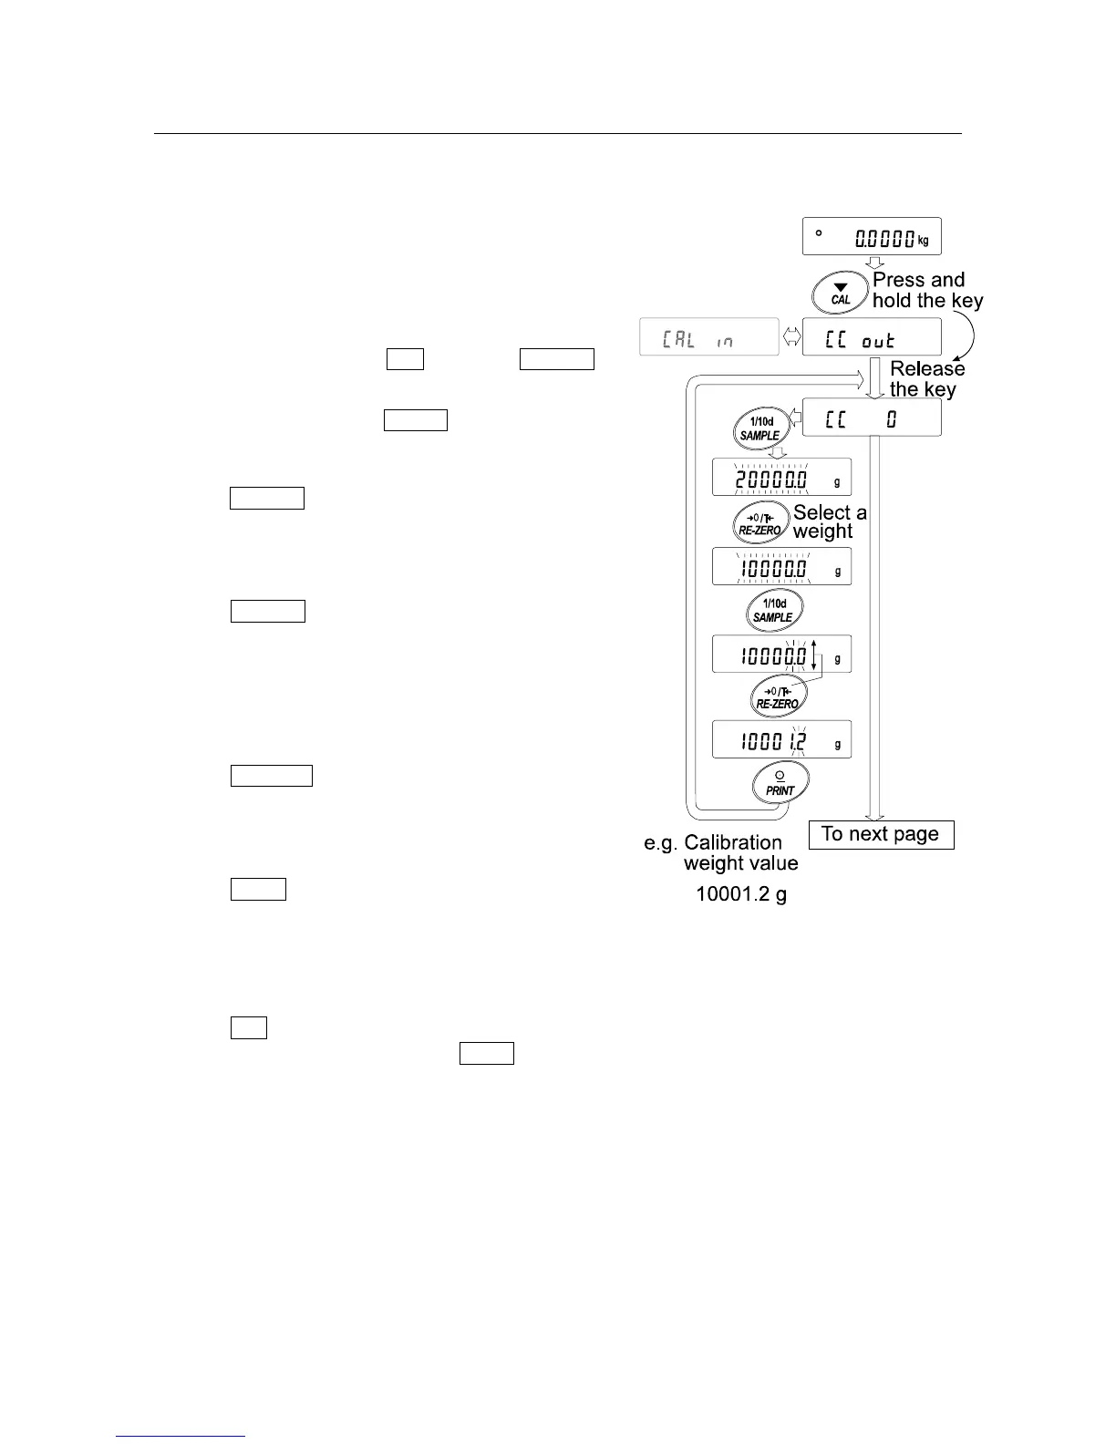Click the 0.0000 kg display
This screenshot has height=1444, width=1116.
point(871,237)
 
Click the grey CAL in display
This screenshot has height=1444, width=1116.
point(708,337)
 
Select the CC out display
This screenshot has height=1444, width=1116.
point(871,337)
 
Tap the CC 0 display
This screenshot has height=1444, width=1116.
point(871,418)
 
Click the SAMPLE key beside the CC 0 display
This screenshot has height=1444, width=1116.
point(759,428)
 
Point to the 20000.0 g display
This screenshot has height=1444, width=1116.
point(781,477)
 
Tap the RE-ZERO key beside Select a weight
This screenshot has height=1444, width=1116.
point(759,523)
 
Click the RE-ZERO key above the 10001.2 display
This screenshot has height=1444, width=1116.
point(777,697)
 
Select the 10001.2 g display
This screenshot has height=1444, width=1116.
point(781,739)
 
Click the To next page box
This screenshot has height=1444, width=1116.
point(880,834)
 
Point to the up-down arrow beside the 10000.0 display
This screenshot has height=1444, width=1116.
point(814,655)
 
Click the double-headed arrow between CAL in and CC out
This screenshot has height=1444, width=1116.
point(790,337)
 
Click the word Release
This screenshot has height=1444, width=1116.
point(926,369)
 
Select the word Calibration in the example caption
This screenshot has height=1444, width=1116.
point(732,842)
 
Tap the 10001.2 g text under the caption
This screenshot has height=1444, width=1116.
point(740,894)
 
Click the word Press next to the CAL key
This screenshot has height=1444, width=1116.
point(894,280)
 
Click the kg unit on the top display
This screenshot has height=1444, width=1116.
point(923,241)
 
